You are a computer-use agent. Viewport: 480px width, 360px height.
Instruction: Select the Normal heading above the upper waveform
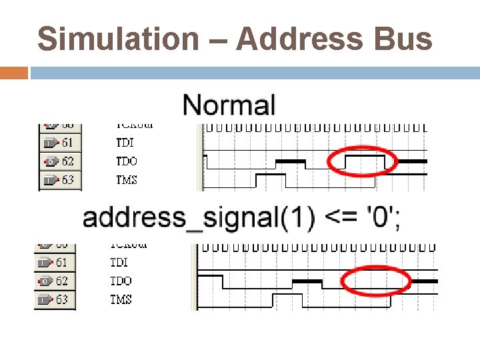(x=229, y=105)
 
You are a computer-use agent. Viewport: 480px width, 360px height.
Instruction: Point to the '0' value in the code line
(x=380, y=218)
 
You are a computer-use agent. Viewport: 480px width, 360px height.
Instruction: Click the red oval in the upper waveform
(x=363, y=161)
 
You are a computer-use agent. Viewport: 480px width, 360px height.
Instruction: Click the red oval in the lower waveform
(x=375, y=281)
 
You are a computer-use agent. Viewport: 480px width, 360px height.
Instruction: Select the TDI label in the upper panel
(x=125, y=142)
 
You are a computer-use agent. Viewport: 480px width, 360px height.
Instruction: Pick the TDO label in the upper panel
(x=126, y=161)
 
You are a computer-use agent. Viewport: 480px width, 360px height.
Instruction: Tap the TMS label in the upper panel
(x=127, y=179)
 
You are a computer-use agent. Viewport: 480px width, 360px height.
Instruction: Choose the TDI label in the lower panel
(x=119, y=263)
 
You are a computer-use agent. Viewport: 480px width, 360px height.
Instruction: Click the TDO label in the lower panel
(x=121, y=281)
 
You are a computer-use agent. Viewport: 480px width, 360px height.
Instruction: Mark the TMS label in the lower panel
(x=121, y=300)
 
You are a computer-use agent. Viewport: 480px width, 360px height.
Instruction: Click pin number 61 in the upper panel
(x=67, y=142)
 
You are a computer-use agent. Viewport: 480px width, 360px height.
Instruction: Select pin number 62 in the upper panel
(x=67, y=161)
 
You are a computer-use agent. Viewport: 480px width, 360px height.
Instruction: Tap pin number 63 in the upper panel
(x=67, y=179)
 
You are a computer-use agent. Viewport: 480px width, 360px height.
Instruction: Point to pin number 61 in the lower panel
(x=62, y=263)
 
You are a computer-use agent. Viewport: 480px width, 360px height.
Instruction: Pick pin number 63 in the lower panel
(x=62, y=300)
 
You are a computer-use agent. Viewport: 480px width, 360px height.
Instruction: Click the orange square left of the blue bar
(x=14, y=73)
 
